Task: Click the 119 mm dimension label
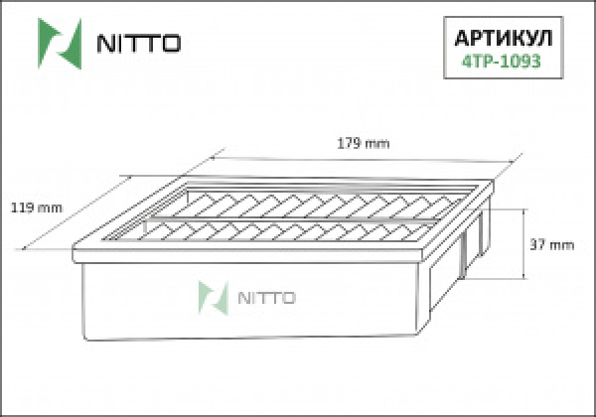(36, 208)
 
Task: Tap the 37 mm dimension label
(553, 245)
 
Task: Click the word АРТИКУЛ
(503, 36)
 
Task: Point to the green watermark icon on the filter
(210, 296)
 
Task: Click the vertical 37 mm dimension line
(523, 245)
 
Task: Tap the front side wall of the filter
(248, 318)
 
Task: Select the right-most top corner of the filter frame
(491, 183)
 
